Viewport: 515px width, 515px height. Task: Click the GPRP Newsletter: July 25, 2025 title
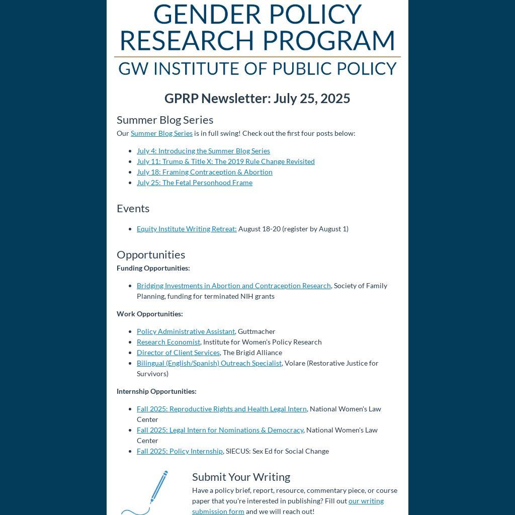coord(257,99)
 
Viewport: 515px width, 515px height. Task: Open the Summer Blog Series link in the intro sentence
coord(161,133)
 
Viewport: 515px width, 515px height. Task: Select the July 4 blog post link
coord(203,151)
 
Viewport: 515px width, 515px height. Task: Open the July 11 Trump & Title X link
coord(225,161)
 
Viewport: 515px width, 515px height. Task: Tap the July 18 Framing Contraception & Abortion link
coord(204,172)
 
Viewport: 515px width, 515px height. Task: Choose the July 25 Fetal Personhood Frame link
coord(194,183)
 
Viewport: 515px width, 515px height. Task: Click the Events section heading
coord(133,208)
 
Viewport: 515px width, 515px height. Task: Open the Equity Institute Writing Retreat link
coord(187,229)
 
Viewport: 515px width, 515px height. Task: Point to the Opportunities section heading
coord(151,254)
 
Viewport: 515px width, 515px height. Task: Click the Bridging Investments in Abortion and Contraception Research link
coord(233,286)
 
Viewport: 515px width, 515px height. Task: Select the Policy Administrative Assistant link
coord(186,331)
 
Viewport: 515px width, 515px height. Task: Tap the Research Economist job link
coord(168,342)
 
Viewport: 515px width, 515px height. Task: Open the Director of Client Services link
coord(178,353)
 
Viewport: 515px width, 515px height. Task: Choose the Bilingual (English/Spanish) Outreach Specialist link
coord(209,363)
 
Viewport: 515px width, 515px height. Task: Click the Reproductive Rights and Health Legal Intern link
coord(221,409)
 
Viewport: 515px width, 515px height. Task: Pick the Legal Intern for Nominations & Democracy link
coord(220,430)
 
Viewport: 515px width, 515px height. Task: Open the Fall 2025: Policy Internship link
coord(180,451)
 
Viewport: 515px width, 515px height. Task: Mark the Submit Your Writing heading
coord(241,477)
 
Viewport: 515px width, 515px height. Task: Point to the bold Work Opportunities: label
coord(149,314)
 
